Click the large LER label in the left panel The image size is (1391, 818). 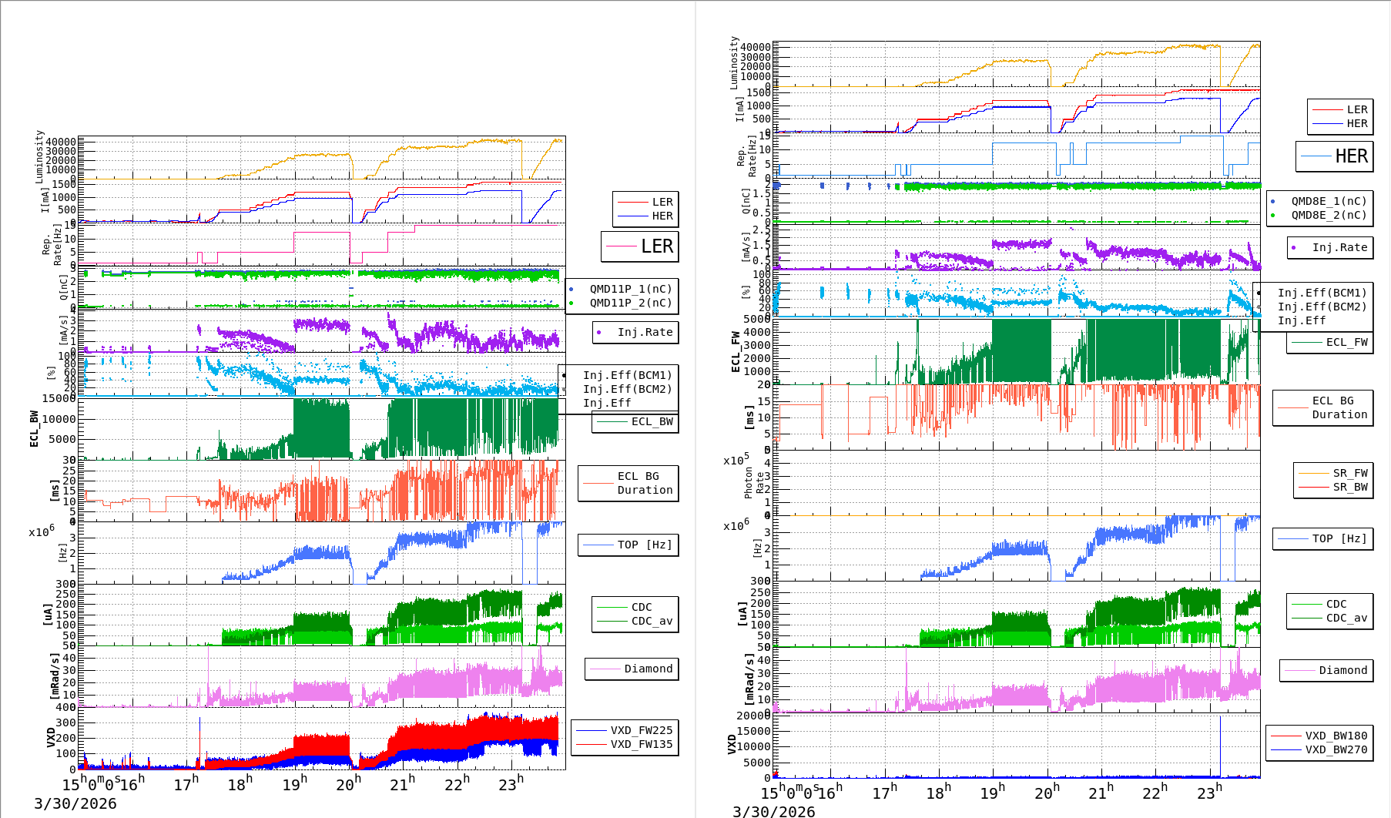click(656, 246)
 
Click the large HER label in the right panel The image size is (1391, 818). click(1351, 156)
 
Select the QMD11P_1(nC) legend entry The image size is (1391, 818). click(630, 289)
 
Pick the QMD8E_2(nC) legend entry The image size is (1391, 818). click(1329, 215)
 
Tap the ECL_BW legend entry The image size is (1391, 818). click(652, 421)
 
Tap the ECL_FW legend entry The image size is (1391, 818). click(1346, 342)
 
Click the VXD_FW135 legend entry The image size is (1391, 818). click(641, 744)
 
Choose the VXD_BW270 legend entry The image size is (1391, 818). click(1336, 749)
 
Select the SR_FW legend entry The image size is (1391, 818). click(1350, 473)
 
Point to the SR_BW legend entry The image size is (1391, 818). click(1350, 487)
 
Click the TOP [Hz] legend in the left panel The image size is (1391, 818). click(644, 545)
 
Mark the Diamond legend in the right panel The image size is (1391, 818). click(1342, 670)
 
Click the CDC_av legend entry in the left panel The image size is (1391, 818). click(652, 621)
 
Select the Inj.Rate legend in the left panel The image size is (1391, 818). click(645, 332)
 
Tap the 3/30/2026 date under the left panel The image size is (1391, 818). click(75, 803)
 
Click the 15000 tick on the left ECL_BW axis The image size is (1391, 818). click(59, 398)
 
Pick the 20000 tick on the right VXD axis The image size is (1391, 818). click(753, 716)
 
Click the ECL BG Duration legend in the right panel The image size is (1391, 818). click(1339, 407)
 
